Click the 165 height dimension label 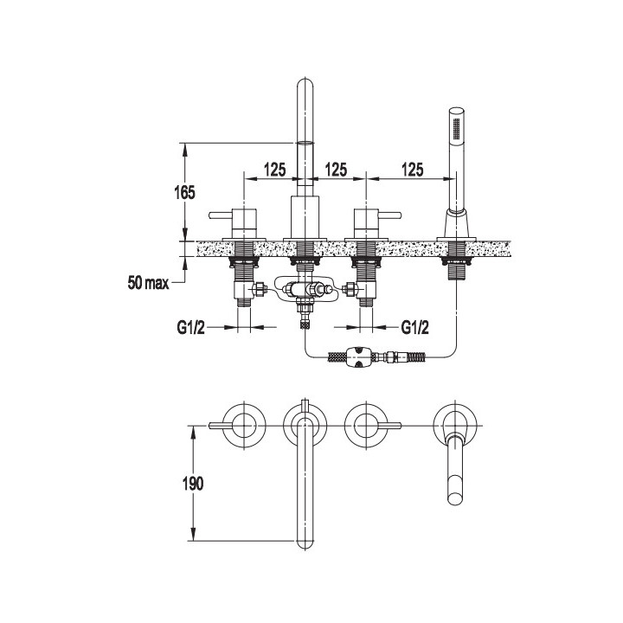point(185,193)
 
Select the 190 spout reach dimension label point(193,483)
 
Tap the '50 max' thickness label point(148,283)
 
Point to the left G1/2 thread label point(190,328)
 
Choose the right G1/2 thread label point(414,328)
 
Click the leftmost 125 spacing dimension point(275,170)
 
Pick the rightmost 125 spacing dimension point(413,170)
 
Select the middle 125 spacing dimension point(336,170)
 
